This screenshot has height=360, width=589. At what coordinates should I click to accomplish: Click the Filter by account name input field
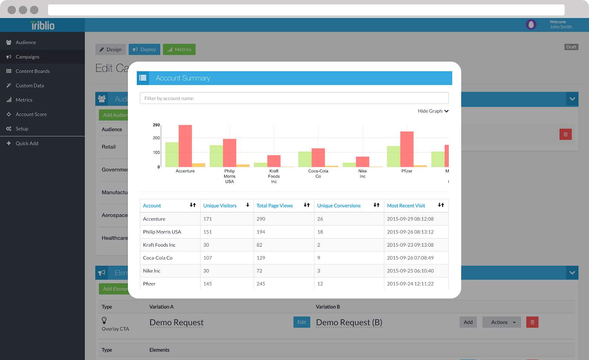(x=294, y=98)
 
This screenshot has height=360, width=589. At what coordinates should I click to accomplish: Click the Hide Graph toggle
(x=433, y=111)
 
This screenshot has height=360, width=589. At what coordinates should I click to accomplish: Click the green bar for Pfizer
(x=393, y=156)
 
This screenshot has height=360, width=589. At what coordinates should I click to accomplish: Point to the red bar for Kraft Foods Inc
(x=274, y=161)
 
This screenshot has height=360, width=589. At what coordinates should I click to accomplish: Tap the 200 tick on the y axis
(x=156, y=138)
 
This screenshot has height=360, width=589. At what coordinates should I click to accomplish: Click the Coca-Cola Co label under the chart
(x=318, y=174)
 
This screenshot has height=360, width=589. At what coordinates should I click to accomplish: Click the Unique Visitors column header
(x=220, y=206)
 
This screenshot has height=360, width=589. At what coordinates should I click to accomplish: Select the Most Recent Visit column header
(x=406, y=206)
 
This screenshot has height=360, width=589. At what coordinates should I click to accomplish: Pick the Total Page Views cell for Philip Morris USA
(x=261, y=232)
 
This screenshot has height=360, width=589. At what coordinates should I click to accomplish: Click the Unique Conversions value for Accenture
(x=320, y=219)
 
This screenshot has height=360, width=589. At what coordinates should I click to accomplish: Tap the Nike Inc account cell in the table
(x=152, y=271)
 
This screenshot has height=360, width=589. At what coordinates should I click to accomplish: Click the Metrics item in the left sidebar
(x=24, y=100)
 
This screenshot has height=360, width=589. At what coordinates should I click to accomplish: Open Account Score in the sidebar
(x=31, y=114)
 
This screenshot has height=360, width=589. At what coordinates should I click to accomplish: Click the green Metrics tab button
(x=179, y=49)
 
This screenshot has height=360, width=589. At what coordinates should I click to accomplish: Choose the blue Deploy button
(x=144, y=49)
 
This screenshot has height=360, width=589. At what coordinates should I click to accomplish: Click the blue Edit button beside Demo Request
(x=301, y=322)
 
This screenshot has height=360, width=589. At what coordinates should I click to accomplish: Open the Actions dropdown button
(x=501, y=322)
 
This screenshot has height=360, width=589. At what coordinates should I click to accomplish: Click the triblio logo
(x=43, y=25)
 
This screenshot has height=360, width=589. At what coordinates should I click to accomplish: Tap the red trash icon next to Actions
(x=532, y=322)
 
